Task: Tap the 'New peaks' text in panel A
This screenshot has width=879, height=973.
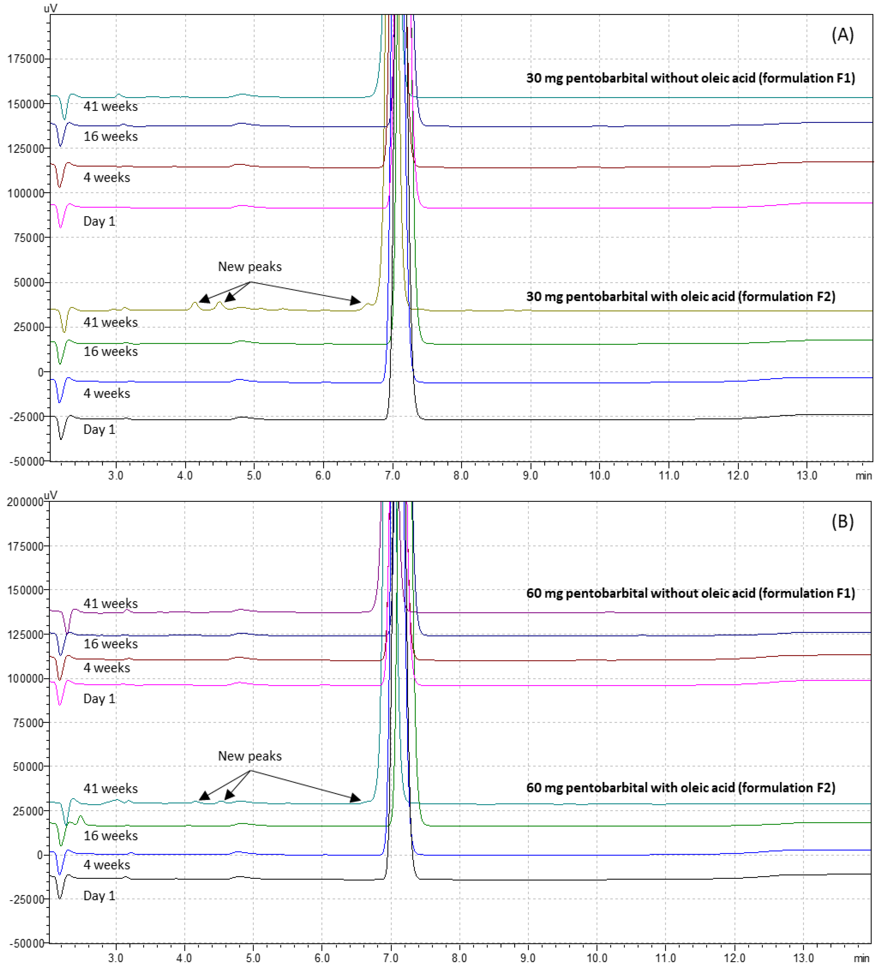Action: pyautogui.click(x=249, y=266)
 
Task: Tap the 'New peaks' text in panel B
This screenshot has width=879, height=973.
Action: pyautogui.click(x=249, y=756)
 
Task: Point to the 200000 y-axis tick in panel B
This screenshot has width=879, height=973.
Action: pyautogui.click(x=25, y=502)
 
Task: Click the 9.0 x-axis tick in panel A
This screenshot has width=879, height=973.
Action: pyautogui.click(x=530, y=475)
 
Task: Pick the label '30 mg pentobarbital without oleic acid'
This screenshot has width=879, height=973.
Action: pyautogui.click(x=690, y=78)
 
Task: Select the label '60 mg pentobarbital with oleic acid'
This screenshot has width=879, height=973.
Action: pyautogui.click(x=681, y=788)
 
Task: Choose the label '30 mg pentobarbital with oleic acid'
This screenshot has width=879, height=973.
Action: pyautogui.click(x=681, y=296)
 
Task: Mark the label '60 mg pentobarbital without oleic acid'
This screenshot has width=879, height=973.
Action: pyautogui.click(x=690, y=593)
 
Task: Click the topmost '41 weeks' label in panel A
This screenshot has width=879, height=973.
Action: pyautogui.click(x=110, y=106)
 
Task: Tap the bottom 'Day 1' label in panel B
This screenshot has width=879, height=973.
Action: pyautogui.click(x=99, y=896)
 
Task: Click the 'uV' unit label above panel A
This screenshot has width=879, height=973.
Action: pyautogui.click(x=50, y=8)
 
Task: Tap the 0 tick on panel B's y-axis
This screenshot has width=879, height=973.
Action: pyautogui.click(x=41, y=855)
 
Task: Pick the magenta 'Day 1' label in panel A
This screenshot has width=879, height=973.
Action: pyautogui.click(x=99, y=221)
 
